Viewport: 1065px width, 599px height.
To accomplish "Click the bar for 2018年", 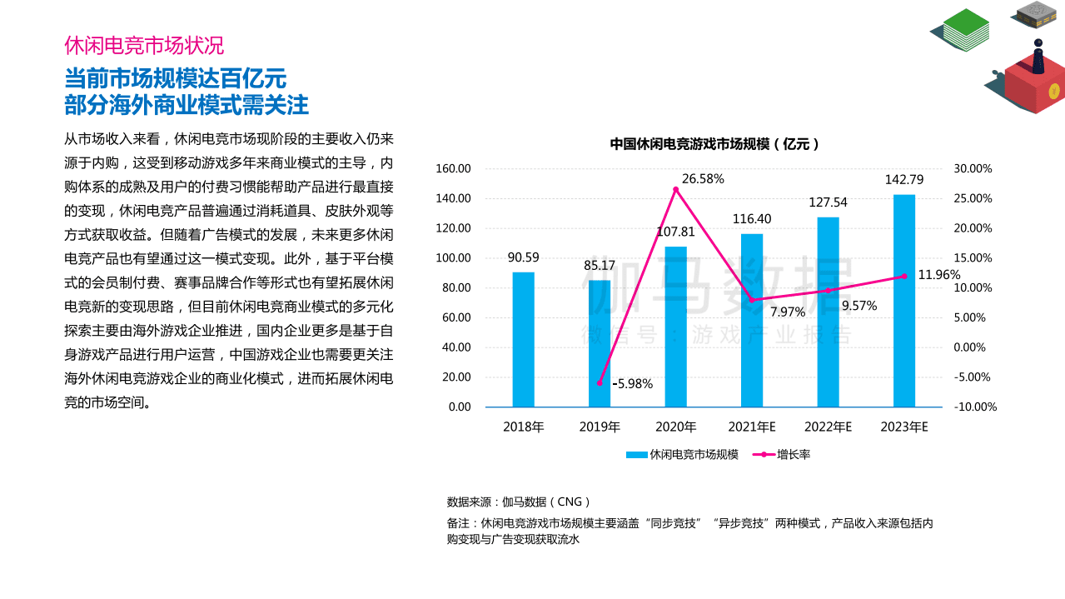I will (523, 339).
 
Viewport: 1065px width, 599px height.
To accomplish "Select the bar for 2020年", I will (675, 327).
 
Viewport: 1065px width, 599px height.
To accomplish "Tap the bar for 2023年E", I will (904, 301).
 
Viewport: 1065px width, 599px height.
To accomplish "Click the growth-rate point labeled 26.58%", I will (676, 190).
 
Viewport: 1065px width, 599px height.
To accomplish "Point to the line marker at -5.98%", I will (600, 382).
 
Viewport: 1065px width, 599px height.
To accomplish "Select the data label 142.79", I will (904, 180).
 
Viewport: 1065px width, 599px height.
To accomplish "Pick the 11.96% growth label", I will (938, 274).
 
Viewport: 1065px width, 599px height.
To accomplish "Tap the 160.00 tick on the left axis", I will (454, 169).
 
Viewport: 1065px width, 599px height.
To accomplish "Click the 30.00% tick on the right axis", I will (973, 169).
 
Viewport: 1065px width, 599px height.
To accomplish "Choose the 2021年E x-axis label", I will (751, 427).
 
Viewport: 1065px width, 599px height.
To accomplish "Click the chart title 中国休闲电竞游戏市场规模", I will (714, 143).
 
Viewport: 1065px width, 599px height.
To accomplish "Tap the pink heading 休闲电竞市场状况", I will (144, 45).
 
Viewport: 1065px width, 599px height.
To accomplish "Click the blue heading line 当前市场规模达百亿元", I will (176, 78).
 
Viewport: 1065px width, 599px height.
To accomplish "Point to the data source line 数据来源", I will (519, 502).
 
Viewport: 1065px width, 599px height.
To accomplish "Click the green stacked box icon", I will (963, 29).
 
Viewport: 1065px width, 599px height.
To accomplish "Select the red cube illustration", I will (1033, 83).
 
